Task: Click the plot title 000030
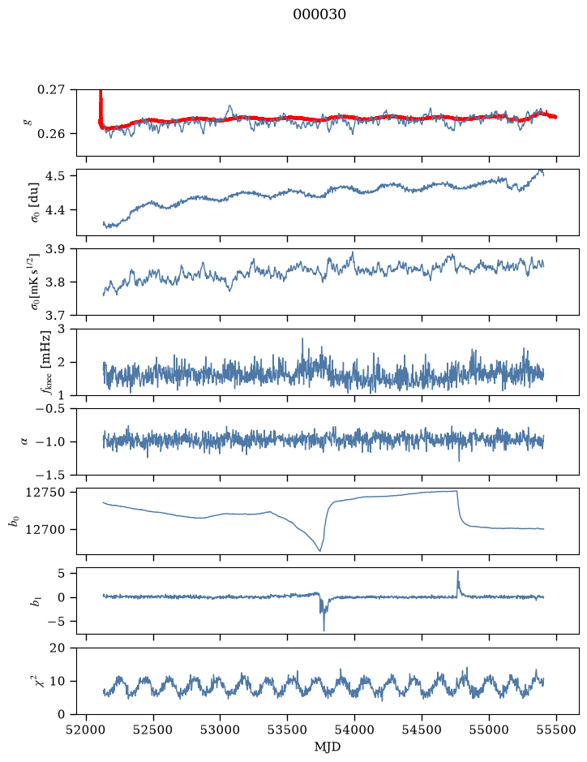click(x=319, y=15)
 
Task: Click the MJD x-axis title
click(x=328, y=747)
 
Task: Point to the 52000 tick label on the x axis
click(x=87, y=730)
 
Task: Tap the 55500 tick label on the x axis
click(x=556, y=730)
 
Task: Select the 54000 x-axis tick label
click(x=354, y=730)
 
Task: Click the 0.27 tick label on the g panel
click(x=50, y=90)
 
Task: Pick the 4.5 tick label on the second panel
click(x=54, y=176)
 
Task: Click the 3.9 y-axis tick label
click(x=54, y=249)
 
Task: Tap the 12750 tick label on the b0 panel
click(x=45, y=493)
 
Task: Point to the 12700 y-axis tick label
click(x=45, y=530)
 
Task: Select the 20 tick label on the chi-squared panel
click(x=58, y=648)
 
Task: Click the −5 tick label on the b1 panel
click(x=54, y=622)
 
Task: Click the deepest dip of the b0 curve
click(x=320, y=550)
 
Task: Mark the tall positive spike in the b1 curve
click(x=457, y=572)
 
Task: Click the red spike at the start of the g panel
click(x=101, y=108)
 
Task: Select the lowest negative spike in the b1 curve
click(x=323, y=630)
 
